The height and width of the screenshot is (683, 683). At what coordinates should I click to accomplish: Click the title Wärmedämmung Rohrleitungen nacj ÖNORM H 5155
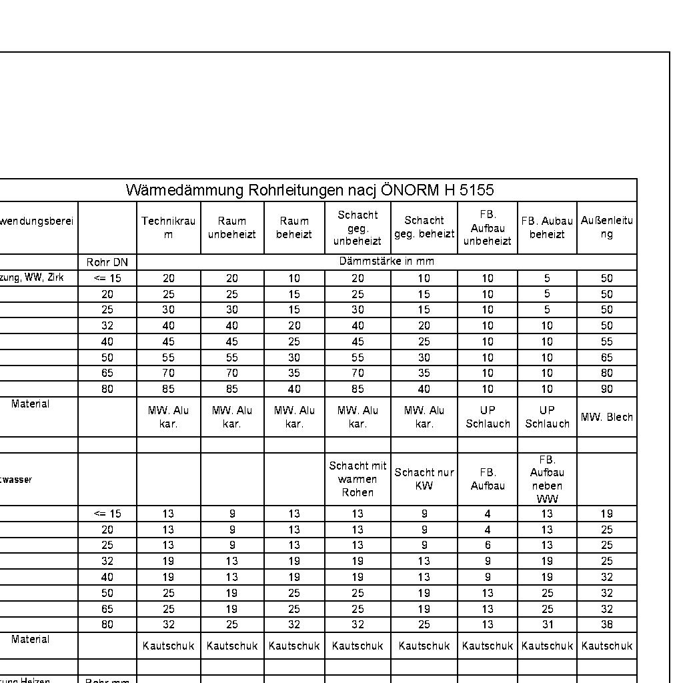[x=309, y=190]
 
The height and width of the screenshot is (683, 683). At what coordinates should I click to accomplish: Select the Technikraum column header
[x=168, y=227]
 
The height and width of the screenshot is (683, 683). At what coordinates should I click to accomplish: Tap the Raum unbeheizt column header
[x=231, y=227]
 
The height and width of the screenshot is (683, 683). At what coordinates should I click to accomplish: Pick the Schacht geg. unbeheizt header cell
[x=358, y=227]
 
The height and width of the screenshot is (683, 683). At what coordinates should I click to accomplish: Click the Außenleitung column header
[x=606, y=227]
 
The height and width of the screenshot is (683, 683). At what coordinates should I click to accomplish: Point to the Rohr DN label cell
[x=107, y=262]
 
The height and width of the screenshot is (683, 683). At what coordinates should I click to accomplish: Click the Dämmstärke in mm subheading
[x=386, y=261]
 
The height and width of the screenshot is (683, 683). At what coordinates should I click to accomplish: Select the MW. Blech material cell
[x=606, y=417]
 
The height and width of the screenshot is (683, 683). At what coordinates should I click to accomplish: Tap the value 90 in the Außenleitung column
[x=606, y=389]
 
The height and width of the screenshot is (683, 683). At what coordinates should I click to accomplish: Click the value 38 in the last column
[x=606, y=625]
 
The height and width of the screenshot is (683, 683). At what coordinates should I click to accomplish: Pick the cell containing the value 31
[x=547, y=625]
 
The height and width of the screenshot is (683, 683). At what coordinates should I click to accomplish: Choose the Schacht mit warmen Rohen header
[x=358, y=479]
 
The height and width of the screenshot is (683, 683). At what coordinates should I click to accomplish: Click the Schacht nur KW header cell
[x=424, y=479]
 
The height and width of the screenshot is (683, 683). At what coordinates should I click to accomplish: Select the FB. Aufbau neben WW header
[x=547, y=479]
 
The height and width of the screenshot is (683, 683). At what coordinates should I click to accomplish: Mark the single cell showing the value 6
[x=488, y=546]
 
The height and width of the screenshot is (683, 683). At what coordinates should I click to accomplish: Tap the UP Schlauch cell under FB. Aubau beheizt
[x=547, y=417]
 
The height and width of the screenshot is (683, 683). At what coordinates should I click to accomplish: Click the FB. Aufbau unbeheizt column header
[x=488, y=227]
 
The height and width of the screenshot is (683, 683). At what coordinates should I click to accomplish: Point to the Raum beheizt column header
[x=294, y=227]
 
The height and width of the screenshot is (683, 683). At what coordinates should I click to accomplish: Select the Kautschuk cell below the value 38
[x=606, y=646]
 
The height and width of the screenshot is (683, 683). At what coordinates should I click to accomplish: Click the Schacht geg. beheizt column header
[x=424, y=227]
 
